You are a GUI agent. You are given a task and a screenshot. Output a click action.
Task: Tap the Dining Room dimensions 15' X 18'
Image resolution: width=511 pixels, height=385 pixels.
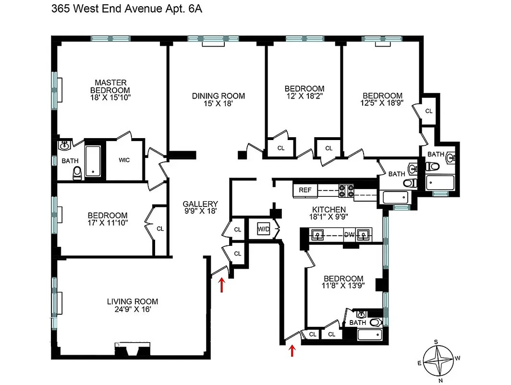pyautogui.click(x=218, y=103)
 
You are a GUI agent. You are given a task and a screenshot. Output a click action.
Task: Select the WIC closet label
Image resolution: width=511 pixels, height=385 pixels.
pyautogui.click(x=124, y=160)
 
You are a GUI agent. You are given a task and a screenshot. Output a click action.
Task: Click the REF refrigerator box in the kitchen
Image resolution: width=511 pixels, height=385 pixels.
pyautogui.click(x=305, y=190)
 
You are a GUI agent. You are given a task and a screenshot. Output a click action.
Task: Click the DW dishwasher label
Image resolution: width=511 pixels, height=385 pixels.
pyautogui.click(x=349, y=235)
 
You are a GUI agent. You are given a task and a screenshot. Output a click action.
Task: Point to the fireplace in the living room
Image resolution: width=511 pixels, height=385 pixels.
pyautogui.click(x=132, y=349)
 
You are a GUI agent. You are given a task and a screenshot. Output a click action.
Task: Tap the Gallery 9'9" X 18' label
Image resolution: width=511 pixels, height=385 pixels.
pyautogui.click(x=200, y=207)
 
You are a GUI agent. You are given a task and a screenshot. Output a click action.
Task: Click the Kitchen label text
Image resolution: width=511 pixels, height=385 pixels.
pyautogui.click(x=329, y=209)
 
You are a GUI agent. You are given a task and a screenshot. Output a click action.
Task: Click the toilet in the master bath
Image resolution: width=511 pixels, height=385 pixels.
pyautogui.click(x=77, y=173)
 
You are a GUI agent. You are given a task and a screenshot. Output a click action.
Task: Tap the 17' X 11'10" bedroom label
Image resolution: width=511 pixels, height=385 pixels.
pyautogui.click(x=107, y=219)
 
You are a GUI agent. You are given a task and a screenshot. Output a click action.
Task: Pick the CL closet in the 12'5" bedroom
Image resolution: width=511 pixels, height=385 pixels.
pyautogui.click(x=428, y=111)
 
